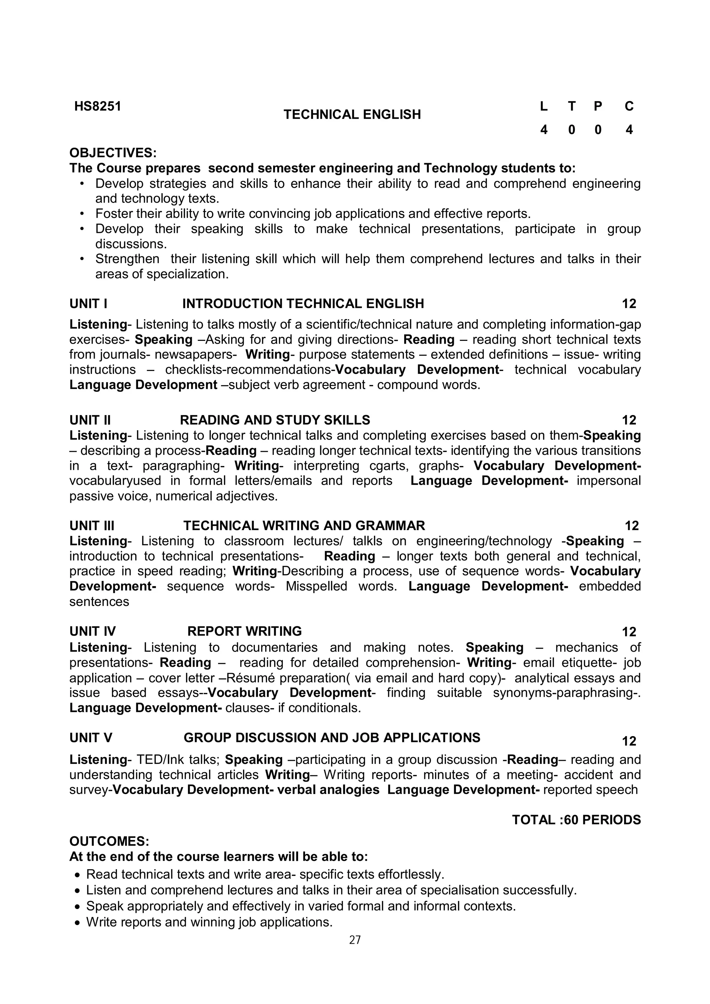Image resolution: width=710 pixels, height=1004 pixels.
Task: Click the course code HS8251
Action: pyautogui.click(x=97, y=106)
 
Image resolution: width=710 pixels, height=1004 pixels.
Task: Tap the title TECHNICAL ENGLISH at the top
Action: pyautogui.click(x=352, y=115)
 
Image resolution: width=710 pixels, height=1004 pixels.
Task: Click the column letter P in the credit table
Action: pyautogui.click(x=598, y=106)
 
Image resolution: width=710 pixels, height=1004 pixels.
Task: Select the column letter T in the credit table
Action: pyautogui.click(x=571, y=106)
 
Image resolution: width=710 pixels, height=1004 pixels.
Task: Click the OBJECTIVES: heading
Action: pyautogui.click(x=113, y=153)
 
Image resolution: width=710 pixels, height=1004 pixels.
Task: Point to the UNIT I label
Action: pyautogui.click(x=88, y=303)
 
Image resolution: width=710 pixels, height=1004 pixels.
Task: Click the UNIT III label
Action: pyautogui.click(x=92, y=526)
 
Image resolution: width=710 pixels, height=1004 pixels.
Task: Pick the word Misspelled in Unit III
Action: pyautogui.click(x=316, y=587)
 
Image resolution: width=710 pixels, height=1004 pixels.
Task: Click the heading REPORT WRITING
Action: pyautogui.click(x=244, y=632)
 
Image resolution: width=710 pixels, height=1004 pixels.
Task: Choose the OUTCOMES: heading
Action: pyautogui.click(x=109, y=841)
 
